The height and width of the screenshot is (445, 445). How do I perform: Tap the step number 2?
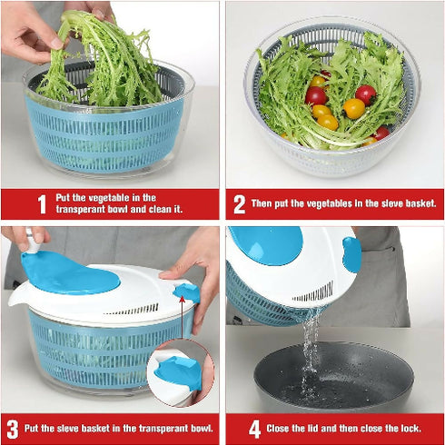tap(240, 204)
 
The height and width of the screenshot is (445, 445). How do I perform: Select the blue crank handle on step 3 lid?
tap(68, 273)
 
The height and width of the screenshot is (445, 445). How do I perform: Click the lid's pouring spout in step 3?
tap(20, 297)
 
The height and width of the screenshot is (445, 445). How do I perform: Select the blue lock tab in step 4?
tap(351, 254)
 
